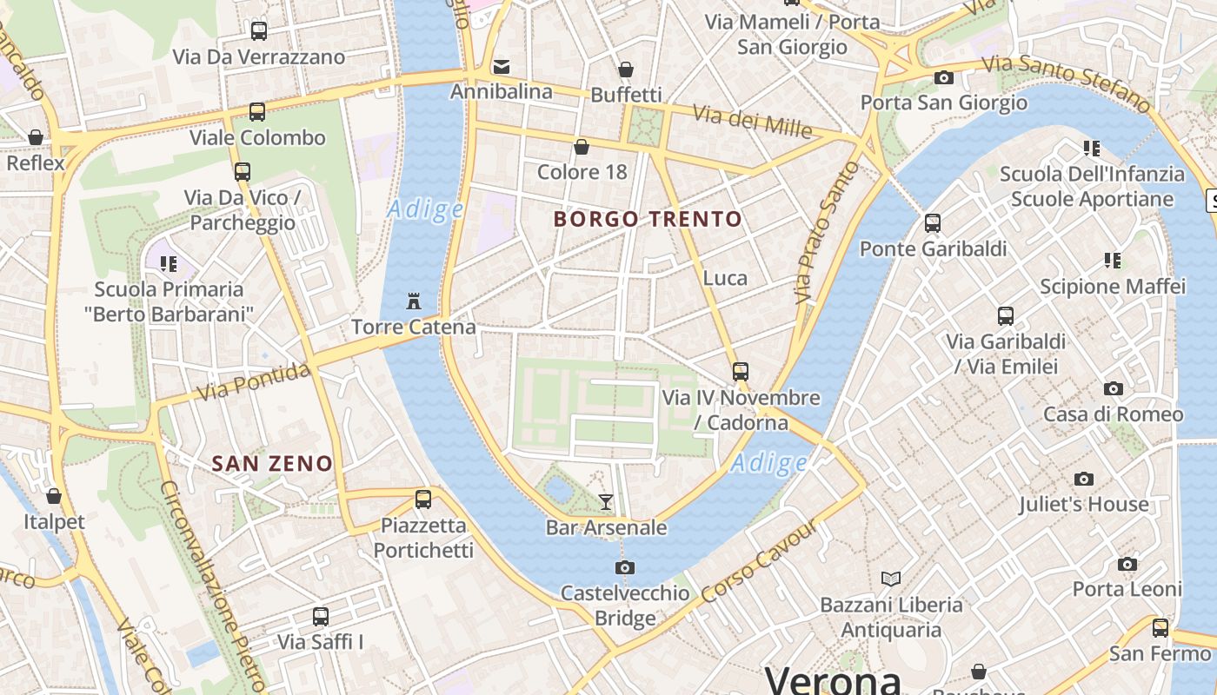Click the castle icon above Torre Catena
[414, 301]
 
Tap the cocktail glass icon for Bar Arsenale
[606, 501]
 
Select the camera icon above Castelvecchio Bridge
[624, 567]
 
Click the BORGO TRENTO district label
[648, 219]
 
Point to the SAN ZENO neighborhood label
[273, 463]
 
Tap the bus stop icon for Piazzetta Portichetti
[423, 499]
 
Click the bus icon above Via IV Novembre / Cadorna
[741, 371]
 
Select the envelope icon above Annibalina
[502, 66]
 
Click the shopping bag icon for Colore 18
[582, 146]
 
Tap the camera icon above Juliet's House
[1083, 479]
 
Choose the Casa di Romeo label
[1113, 414]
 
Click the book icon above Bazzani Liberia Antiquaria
[891, 578]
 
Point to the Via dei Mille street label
[753, 122]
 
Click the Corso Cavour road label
[759, 562]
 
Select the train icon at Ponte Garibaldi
[933, 223]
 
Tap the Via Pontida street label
[253, 382]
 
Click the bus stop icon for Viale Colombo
[257, 111]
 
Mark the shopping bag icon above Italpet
[54, 496]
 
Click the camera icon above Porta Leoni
[1127, 564]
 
